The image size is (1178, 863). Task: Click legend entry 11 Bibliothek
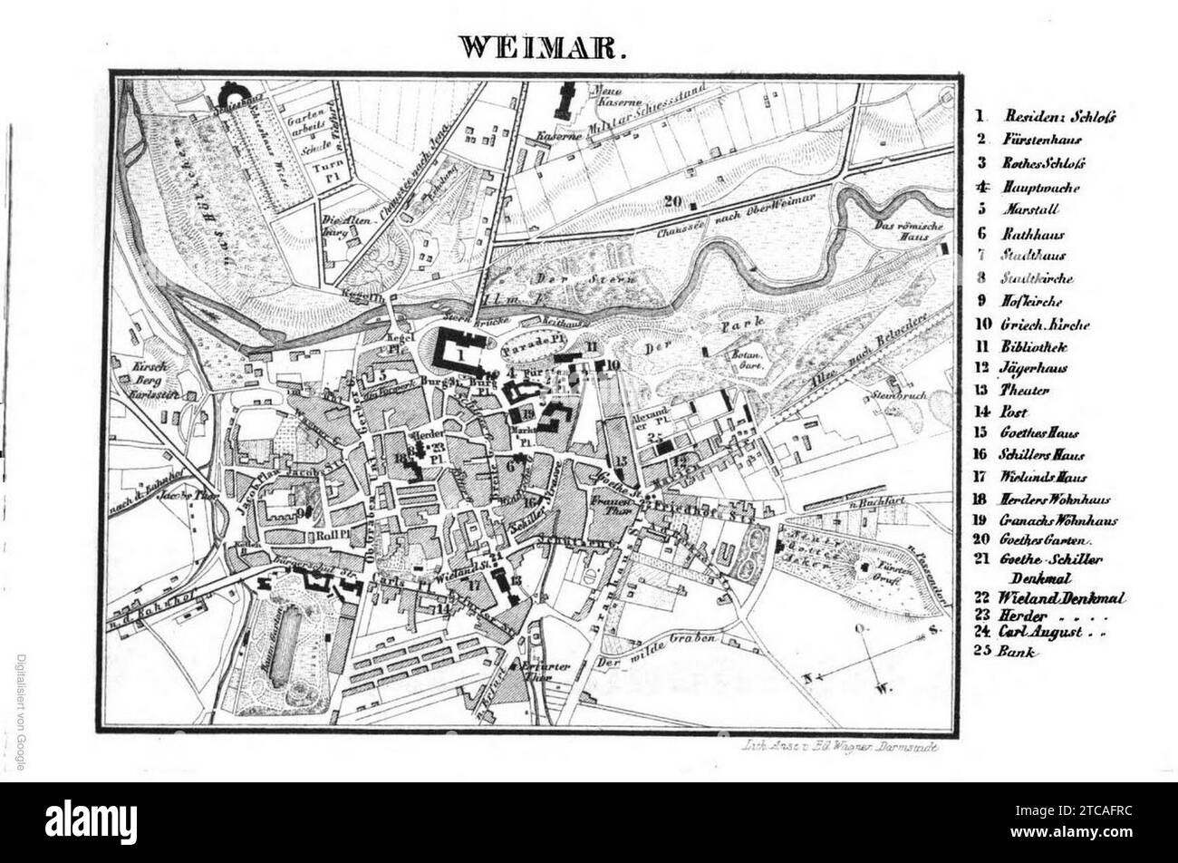click(1019, 347)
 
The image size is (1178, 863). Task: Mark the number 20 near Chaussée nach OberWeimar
click(671, 201)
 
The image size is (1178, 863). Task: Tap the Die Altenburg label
click(338, 224)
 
